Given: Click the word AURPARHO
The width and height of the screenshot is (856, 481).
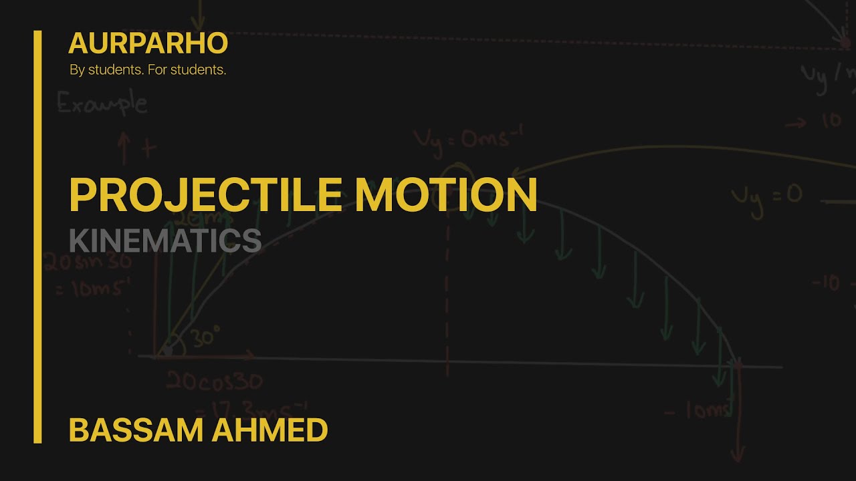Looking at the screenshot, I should (148, 43).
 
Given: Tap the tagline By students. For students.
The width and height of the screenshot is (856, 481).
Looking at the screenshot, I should (148, 69).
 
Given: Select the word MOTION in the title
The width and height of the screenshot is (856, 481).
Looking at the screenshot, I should (446, 194).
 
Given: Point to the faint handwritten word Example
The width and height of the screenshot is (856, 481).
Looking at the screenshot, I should (102, 104).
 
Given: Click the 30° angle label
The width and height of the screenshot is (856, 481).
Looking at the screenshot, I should (207, 337).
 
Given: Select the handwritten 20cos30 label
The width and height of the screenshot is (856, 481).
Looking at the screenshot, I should (214, 382).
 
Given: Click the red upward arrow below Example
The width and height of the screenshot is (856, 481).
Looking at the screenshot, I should (124, 148).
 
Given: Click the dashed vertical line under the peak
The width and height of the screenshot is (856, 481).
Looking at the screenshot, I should (446, 294).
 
